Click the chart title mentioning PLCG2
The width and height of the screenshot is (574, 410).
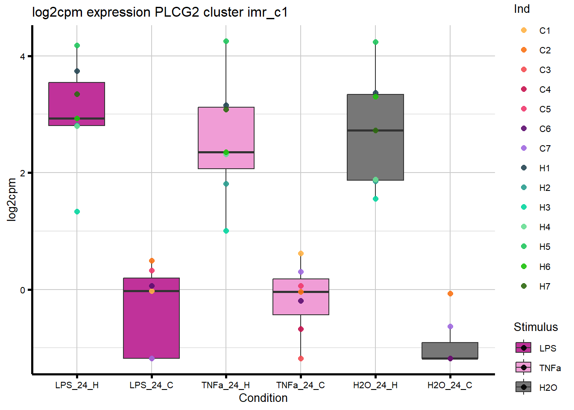click(160, 12)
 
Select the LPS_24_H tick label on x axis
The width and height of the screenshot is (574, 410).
click(77, 385)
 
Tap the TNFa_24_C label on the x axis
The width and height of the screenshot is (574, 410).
click(301, 385)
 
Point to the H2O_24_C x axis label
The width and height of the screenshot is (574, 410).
click(450, 385)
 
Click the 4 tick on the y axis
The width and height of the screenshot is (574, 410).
click(23, 56)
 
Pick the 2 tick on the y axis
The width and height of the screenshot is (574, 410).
click(23, 173)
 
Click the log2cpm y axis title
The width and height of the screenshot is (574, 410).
click(12, 200)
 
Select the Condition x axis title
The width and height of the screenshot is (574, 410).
click(263, 398)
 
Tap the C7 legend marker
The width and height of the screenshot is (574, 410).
click(524, 148)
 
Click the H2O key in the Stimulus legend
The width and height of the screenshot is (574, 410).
click(524, 387)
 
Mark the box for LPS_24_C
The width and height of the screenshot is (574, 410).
click(152, 318)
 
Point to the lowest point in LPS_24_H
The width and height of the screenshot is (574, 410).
click(77, 212)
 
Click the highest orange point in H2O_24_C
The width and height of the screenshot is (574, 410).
click(450, 294)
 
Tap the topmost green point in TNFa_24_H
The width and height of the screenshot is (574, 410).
click(226, 41)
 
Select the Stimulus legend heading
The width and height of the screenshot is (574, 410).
click(536, 327)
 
